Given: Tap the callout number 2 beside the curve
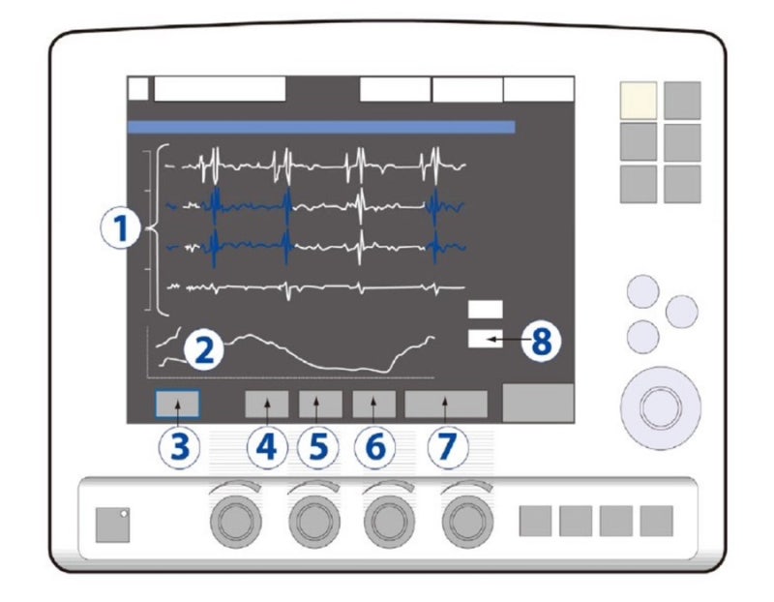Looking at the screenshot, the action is tap(204, 349).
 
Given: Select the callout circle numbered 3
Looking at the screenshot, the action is tap(179, 447).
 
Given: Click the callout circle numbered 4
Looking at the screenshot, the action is tap(267, 447).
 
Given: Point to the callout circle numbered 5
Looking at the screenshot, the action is tap(318, 447).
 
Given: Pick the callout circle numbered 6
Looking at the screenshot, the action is tap(374, 447).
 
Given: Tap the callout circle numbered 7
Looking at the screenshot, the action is tap(447, 447).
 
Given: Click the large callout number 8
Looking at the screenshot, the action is tap(542, 341).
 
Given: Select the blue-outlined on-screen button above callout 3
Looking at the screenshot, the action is tap(178, 404).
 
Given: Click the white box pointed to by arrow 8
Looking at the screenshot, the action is tap(486, 339).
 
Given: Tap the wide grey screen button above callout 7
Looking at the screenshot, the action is tap(446, 404).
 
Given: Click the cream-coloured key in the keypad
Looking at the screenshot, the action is tap(639, 101).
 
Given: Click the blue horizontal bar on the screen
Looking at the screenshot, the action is tap(321, 127).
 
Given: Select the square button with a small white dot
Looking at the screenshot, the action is tap(112, 525).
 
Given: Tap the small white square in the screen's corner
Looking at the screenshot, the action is tap(138, 89).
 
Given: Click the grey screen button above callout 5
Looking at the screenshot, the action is tap(320, 404).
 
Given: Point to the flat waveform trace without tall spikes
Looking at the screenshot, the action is tap(316, 287).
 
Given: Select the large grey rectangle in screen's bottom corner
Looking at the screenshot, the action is tap(538, 403).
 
